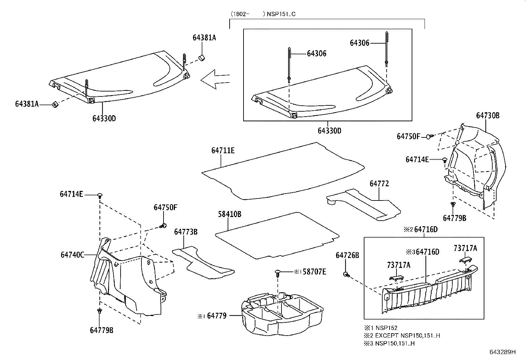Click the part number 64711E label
point(223,151)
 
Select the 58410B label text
point(229,214)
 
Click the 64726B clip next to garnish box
point(346,274)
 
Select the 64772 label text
point(379,184)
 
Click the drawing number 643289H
point(502,352)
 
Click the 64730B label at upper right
point(487,116)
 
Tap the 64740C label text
point(72,255)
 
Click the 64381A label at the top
point(204,38)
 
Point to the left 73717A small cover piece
point(396,277)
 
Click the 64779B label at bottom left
point(101,330)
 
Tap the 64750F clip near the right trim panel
point(429,136)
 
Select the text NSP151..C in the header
point(281,14)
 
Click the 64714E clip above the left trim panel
point(100,196)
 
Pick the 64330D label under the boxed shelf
point(329,131)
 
